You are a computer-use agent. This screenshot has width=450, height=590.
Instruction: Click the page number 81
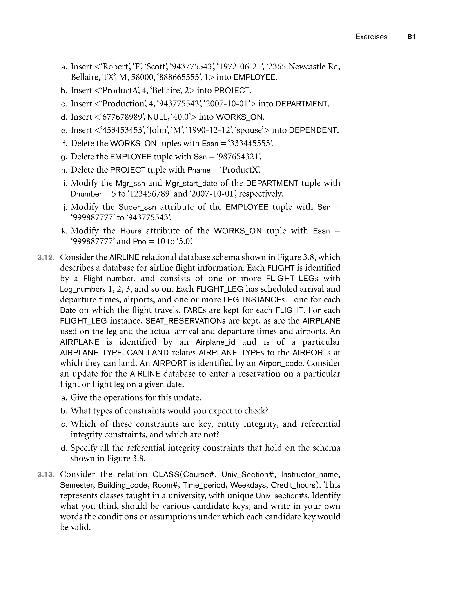(x=411, y=37)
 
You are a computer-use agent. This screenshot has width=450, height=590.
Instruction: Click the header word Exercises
(x=371, y=37)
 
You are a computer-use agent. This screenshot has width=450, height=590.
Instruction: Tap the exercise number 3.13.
(x=46, y=475)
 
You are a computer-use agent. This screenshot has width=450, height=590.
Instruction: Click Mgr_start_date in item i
(x=191, y=184)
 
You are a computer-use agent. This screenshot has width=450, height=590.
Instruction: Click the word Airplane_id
(x=215, y=342)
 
